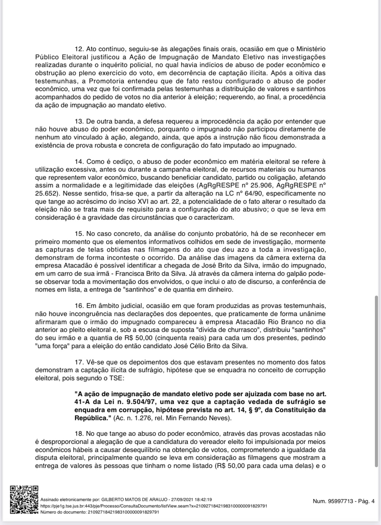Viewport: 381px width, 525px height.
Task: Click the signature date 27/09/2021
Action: (x=182, y=499)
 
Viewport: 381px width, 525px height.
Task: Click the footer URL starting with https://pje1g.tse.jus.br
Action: (x=153, y=506)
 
